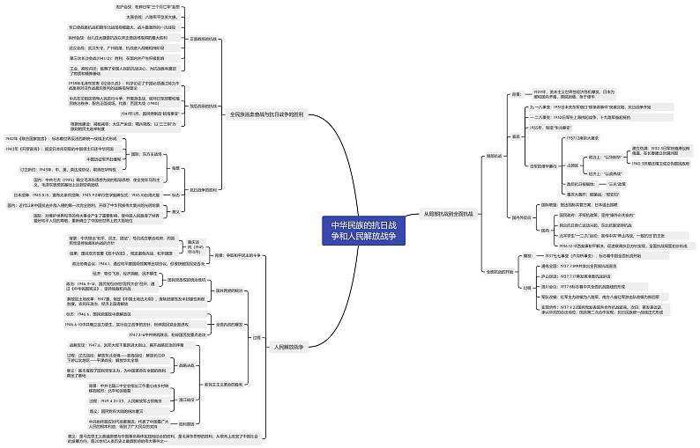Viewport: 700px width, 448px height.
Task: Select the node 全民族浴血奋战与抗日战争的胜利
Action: click(267, 114)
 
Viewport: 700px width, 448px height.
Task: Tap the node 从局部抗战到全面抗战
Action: click(448, 213)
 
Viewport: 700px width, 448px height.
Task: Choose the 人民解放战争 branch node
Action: click(287, 347)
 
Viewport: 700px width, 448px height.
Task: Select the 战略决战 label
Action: click(187, 364)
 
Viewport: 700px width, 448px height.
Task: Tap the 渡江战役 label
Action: click(187, 400)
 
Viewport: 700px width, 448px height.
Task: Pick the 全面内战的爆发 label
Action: click(216, 325)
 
